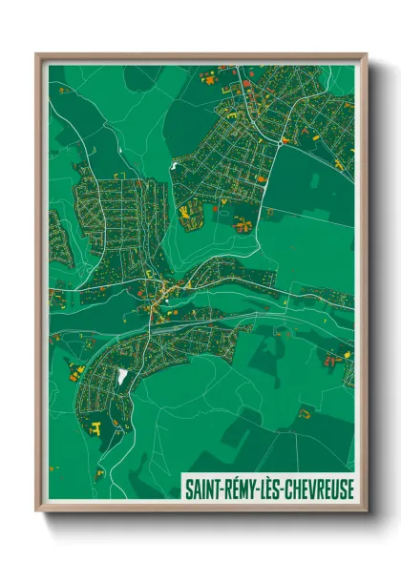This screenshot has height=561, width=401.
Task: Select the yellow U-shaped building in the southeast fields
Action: pos(305,413)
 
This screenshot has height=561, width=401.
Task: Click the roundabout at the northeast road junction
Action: pos(283,140)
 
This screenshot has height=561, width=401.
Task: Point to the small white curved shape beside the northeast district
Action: pos(174,166)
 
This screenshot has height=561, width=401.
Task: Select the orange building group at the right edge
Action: pos(333,361)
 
